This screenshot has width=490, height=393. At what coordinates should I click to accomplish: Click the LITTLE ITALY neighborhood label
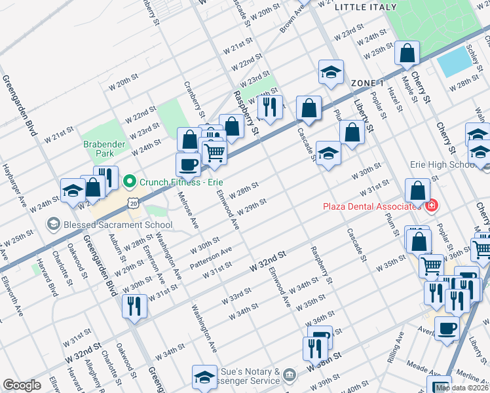pos(366,7)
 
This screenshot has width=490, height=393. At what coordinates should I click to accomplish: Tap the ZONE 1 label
pos(367,83)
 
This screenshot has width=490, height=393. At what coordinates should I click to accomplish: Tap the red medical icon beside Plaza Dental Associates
pos(430,206)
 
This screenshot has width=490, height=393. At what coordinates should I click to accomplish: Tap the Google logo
pos(22,385)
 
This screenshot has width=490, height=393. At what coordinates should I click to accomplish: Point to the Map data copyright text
pos(462,388)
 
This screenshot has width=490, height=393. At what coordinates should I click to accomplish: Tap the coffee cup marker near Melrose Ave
pos(188,165)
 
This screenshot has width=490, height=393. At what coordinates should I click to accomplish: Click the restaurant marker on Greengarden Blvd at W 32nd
pos(134,307)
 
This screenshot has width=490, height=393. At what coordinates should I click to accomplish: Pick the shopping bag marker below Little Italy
pos(407,54)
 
